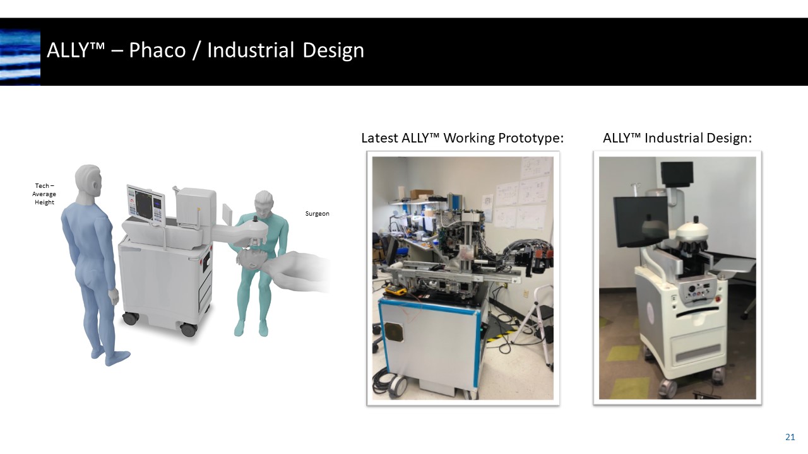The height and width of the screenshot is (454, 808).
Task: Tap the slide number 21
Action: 790,437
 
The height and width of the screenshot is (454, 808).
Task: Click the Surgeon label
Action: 317,214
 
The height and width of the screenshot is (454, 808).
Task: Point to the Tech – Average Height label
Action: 44,194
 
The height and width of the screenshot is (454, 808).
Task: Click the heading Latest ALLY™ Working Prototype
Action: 462,138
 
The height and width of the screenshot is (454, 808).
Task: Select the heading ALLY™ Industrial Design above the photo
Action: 677,138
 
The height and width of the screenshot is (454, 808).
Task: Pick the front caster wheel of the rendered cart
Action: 187,329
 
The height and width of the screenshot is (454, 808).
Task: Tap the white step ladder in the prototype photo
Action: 540,322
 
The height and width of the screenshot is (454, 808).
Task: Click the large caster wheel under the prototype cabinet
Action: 396,384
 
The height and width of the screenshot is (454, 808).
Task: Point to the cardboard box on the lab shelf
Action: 421,194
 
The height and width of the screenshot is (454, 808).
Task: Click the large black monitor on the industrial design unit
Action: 639,221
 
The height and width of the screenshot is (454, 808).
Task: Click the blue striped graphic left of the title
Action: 20,57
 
